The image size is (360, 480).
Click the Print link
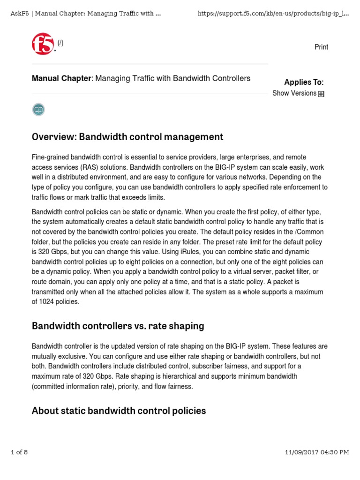[321, 47]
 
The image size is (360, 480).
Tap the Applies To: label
[304, 82]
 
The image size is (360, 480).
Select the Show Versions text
[294, 93]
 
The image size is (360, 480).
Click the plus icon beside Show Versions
[321, 94]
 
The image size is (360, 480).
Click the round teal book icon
[38, 110]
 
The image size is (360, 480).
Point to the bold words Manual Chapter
[61, 78]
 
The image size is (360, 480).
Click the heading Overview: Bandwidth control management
[127, 137]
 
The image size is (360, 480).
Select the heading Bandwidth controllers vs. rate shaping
[118, 326]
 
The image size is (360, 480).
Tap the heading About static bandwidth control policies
[119, 411]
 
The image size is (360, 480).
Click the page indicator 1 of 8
[19, 452]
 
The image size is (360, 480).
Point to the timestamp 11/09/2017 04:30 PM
[317, 452]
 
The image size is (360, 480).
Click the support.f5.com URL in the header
[273, 13]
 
